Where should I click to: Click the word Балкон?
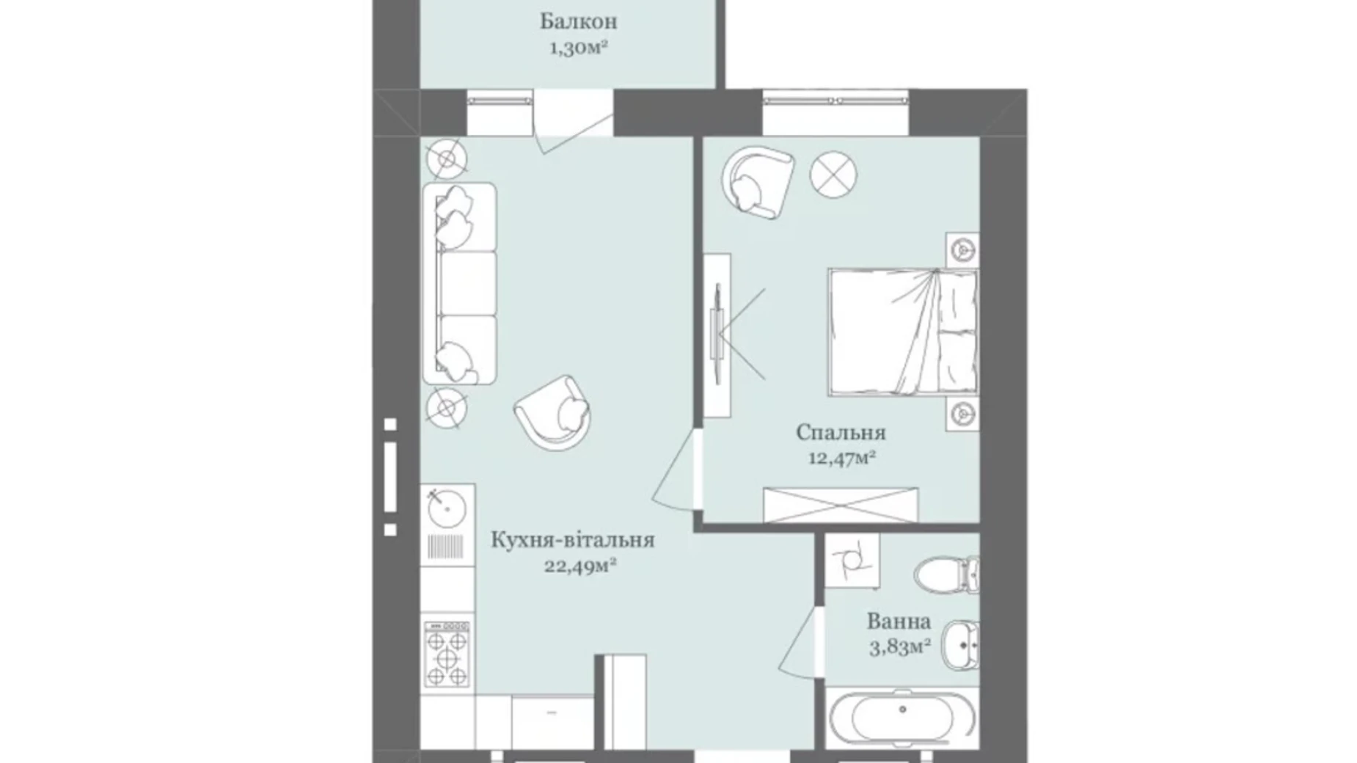pos(578,22)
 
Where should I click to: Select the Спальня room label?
pos(841,432)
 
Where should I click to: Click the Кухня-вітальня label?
pos(572,541)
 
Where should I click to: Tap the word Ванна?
pos(899,621)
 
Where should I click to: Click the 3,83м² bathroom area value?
pos(900,647)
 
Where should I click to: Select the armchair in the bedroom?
pos(757,181)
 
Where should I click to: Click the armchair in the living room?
pos(553,413)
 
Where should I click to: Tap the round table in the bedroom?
pos(833,175)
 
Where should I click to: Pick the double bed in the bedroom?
pos(903,332)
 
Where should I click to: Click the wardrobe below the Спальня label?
pos(841,505)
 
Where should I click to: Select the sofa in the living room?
pos(459,283)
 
